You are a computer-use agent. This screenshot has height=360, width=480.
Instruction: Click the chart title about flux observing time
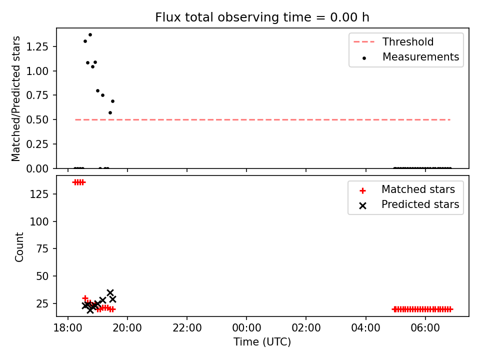click(x=262, y=17)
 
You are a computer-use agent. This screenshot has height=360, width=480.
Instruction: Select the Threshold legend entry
click(x=393, y=41)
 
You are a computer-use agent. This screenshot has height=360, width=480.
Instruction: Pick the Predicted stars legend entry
click(x=409, y=204)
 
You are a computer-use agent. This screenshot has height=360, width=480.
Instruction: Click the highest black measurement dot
click(x=90, y=35)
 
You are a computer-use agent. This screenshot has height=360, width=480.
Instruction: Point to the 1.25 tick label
click(x=37, y=46)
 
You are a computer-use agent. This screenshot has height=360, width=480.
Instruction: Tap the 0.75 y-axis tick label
click(x=37, y=95)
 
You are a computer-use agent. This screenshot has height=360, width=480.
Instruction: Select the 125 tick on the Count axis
click(x=39, y=194)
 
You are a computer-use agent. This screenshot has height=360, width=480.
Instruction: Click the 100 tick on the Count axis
click(x=39, y=221)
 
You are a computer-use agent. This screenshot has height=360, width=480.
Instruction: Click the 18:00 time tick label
click(x=68, y=328)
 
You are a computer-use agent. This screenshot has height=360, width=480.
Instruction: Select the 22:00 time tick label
click(x=187, y=328)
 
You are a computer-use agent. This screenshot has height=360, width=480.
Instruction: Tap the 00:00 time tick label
click(x=246, y=328)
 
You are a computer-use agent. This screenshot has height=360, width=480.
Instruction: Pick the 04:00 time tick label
click(x=366, y=328)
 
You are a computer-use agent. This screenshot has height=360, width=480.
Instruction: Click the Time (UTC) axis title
click(x=262, y=341)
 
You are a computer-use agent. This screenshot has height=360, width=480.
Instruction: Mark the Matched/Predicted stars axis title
click(x=15, y=98)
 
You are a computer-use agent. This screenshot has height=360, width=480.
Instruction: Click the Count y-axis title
click(x=19, y=247)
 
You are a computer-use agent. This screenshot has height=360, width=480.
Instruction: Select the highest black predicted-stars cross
click(x=110, y=292)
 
